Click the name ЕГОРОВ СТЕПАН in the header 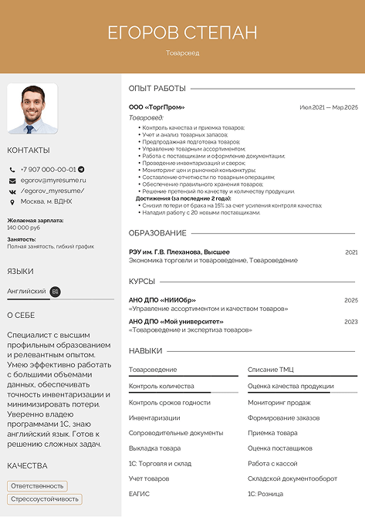182,32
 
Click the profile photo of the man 32,109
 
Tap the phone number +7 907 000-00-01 48,169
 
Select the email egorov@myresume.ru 53,180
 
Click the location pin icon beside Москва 12,201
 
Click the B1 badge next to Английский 55,291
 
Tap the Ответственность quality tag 37,485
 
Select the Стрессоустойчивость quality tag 45,498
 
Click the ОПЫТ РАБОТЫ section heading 157,88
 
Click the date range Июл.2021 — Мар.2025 329,107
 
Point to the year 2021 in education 351,252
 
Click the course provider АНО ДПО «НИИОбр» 162,299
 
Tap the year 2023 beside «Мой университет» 351,321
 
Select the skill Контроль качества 161,386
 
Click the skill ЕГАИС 140,493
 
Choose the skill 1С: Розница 265,493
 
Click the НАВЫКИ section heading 145,350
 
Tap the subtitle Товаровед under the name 182,53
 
